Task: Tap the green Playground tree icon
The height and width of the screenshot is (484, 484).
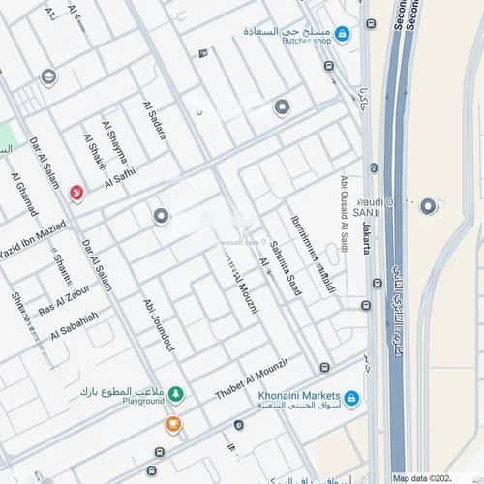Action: (x=175, y=394)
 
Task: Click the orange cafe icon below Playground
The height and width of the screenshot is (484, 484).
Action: (x=172, y=423)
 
